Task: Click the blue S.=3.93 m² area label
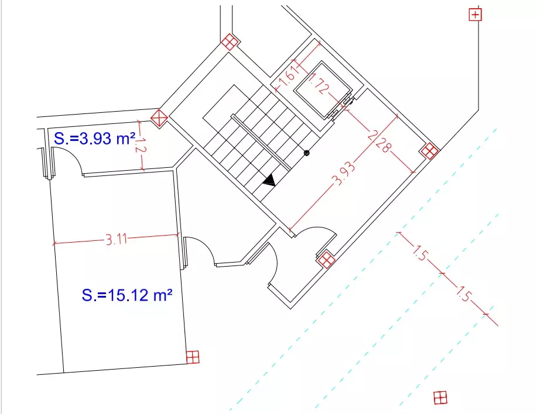tap(94, 139)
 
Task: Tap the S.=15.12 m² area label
tap(127, 295)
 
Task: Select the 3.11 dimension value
tap(116, 239)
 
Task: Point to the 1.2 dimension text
tap(141, 145)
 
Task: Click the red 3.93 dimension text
tap(344, 174)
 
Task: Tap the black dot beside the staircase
tap(306, 153)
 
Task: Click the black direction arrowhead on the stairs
tap(269, 180)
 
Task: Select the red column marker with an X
tap(159, 118)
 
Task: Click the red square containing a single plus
tap(475, 15)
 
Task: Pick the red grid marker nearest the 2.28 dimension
tap(429, 151)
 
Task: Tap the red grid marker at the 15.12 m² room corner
tap(193, 357)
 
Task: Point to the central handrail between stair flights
tap(262, 142)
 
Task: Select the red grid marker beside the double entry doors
tap(326, 260)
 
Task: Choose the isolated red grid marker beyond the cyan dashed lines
tap(440, 398)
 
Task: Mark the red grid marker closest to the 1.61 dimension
tap(230, 42)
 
